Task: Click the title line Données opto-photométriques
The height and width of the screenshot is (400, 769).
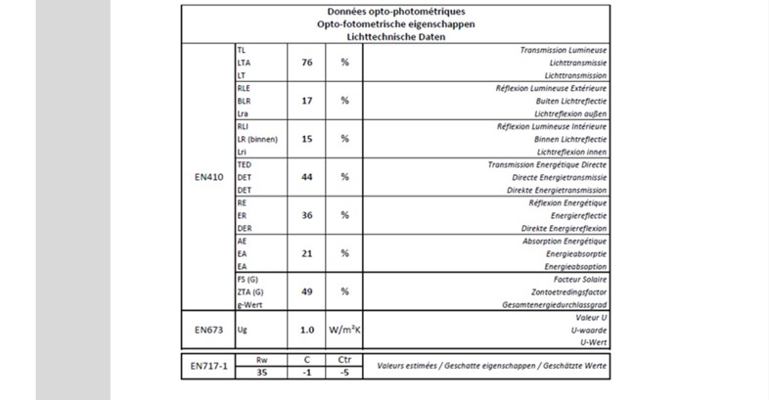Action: click(395, 11)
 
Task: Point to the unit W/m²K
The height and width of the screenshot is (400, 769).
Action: click(344, 331)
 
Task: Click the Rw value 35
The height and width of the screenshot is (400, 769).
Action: click(261, 372)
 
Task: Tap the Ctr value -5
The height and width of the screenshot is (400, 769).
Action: click(344, 372)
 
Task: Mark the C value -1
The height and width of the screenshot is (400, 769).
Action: click(306, 372)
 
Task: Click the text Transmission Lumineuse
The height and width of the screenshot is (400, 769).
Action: click(563, 49)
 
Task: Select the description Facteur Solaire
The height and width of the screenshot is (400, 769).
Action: click(579, 279)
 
